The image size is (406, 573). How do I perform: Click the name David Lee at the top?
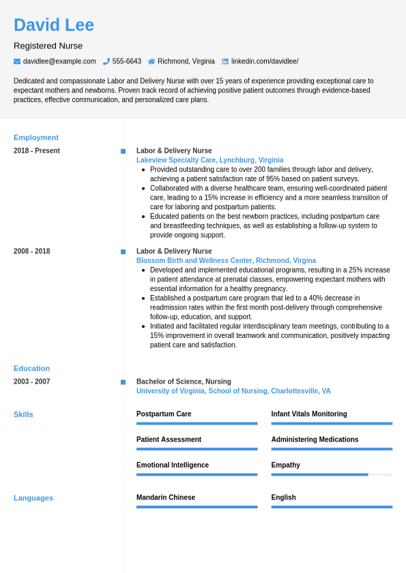pyautogui.click(x=54, y=25)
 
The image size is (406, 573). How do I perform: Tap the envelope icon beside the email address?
pyautogui.click(x=17, y=61)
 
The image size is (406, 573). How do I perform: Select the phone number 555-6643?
pyautogui.click(x=126, y=61)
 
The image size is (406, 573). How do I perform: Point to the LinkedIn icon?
pyautogui.click(x=225, y=61)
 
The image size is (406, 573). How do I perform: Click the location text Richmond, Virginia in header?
pyautogui.click(x=186, y=61)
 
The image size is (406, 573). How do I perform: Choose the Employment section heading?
pyautogui.click(x=36, y=138)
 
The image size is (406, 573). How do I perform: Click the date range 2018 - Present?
pyautogui.click(x=37, y=151)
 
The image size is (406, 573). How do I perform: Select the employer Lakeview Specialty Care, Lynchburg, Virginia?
pyautogui.click(x=209, y=160)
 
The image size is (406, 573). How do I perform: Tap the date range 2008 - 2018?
pyautogui.click(x=32, y=251)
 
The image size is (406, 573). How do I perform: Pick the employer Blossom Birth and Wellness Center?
pyautogui.click(x=226, y=261)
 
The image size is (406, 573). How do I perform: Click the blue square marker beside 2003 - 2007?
pyautogui.click(x=123, y=382)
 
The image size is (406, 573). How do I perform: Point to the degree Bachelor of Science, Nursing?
pyautogui.click(x=184, y=382)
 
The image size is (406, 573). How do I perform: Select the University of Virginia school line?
pyautogui.click(x=233, y=391)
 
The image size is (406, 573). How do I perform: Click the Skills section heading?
pyautogui.click(x=23, y=414)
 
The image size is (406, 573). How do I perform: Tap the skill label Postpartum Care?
pyautogui.click(x=164, y=414)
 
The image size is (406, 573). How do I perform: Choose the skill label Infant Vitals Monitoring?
pyautogui.click(x=308, y=414)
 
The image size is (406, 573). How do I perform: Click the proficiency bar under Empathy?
pyautogui.click(x=332, y=474)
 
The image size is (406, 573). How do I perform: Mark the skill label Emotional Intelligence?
pyautogui.click(x=173, y=465)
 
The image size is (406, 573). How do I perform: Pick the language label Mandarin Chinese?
pyautogui.click(x=166, y=497)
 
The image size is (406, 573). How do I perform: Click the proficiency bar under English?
pyautogui.click(x=332, y=507)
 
